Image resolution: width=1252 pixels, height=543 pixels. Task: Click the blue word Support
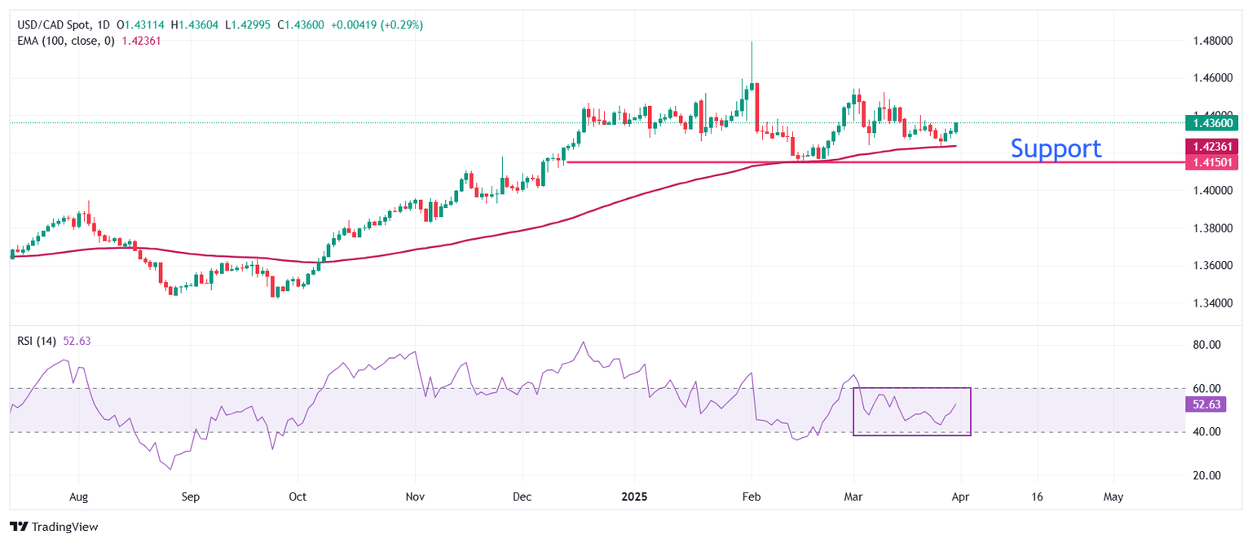[x=1056, y=148]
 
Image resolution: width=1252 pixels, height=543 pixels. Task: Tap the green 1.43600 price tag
[x=1213, y=123]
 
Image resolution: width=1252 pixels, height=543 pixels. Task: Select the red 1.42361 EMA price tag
[x=1213, y=147]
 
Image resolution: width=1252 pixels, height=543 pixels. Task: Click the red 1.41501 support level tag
[x=1213, y=162]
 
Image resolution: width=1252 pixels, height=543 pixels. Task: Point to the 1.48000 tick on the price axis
[x=1211, y=41]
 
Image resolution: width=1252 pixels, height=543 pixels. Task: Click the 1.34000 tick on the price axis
[x=1211, y=303]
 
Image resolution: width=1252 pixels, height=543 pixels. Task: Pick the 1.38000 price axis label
[x=1211, y=228]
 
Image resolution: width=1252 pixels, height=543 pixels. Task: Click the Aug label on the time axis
[x=78, y=496]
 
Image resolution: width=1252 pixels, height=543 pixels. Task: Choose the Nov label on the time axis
[x=416, y=496]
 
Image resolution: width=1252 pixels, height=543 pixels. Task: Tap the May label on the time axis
[x=1113, y=496]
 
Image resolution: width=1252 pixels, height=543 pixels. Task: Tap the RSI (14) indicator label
[x=37, y=341]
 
